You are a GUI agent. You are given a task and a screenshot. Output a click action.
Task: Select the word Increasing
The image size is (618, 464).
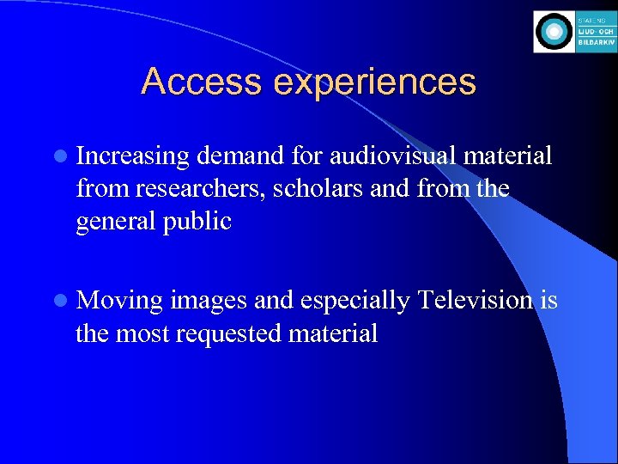[132, 157]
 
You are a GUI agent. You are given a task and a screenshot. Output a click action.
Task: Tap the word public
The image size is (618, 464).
[201, 221]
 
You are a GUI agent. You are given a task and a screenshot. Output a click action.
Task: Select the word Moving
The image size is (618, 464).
[119, 302]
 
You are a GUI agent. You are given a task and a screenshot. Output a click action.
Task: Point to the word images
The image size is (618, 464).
[207, 302]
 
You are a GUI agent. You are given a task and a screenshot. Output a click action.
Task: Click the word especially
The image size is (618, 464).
[352, 302]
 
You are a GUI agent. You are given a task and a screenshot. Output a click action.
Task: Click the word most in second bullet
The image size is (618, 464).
[145, 333]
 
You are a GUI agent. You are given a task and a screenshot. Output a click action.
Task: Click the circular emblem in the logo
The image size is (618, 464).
[554, 33]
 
